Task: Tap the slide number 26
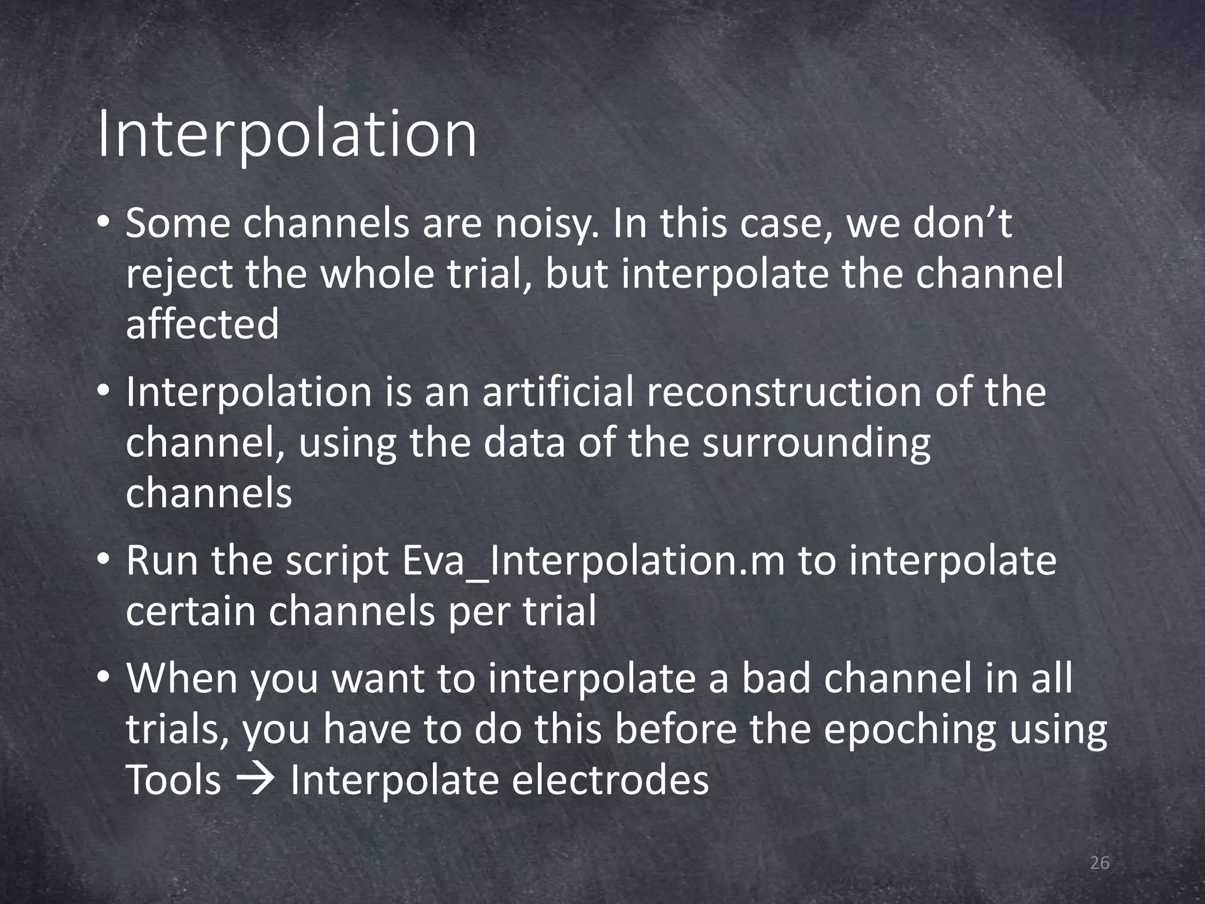click(x=1099, y=863)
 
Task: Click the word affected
click(x=202, y=325)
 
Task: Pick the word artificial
click(x=558, y=392)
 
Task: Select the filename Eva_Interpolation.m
click(x=593, y=561)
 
